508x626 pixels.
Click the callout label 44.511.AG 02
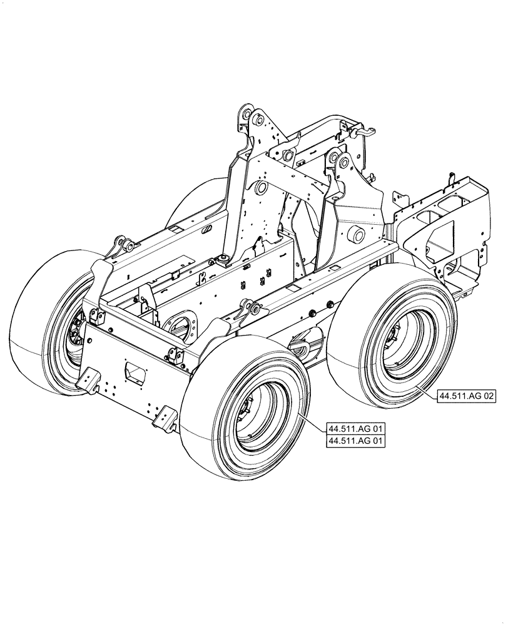(x=466, y=396)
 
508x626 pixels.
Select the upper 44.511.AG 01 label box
(x=356, y=429)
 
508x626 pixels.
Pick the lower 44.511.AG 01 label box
(x=356, y=441)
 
